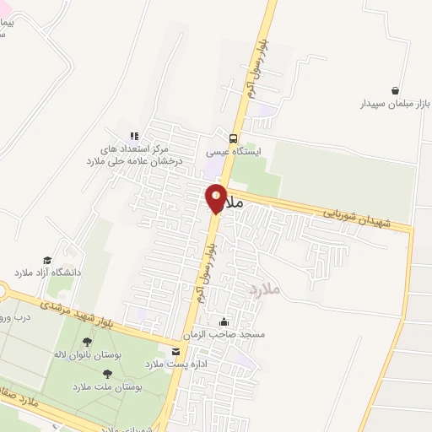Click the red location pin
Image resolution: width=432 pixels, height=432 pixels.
tap(216, 197)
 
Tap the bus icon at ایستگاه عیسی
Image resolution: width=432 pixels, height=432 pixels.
tap(234, 139)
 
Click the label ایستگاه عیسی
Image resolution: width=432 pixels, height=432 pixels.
tap(234, 154)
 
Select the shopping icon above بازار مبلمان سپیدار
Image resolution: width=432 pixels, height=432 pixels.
tap(395, 90)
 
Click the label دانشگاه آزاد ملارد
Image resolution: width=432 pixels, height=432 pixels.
tap(46, 273)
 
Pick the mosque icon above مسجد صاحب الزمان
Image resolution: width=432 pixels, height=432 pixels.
tap(224, 321)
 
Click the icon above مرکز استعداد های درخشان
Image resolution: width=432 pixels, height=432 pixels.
tap(133, 135)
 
